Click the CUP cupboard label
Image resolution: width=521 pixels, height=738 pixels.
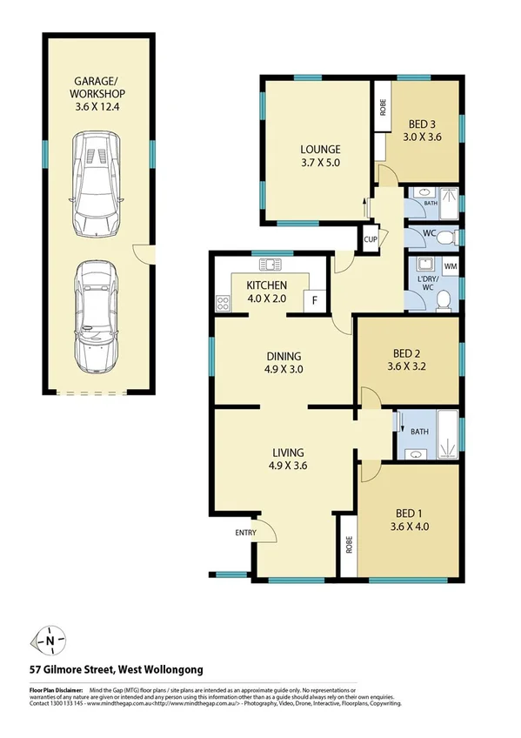tap(370, 238)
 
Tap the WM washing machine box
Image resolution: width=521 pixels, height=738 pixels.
tap(451, 265)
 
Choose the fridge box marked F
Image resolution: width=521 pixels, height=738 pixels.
tap(313, 300)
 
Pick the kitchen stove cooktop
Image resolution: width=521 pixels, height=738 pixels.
tap(223, 303)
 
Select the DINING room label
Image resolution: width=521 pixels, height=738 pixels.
tap(284, 356)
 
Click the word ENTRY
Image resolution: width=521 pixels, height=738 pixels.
tap(246, 533)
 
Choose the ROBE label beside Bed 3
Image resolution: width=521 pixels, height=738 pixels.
tap(382, 108)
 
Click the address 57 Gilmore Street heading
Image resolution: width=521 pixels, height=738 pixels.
tap(117, 669)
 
